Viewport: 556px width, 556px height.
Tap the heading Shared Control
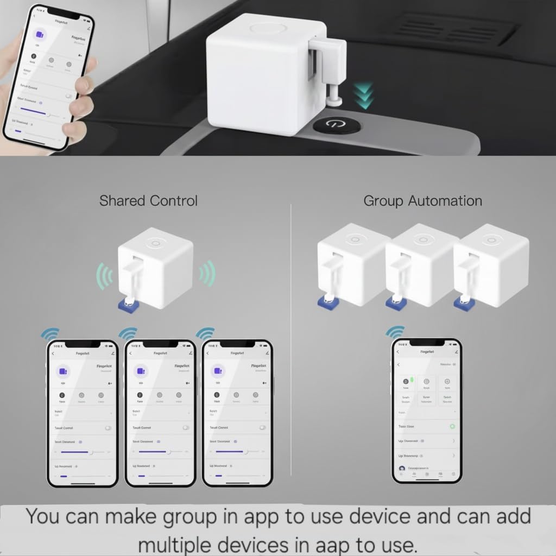pyautogui.click(x=148, y=200)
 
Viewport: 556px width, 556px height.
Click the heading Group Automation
pyautogui.click(x=422, y=201)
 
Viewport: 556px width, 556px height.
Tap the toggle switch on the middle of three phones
pyautogui.click(x=186, y=428)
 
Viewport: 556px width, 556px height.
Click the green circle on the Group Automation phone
pyautogui.click(x=452, y=426)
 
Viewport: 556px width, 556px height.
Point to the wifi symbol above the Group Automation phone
pyautogui.click(x=395, y=331)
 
